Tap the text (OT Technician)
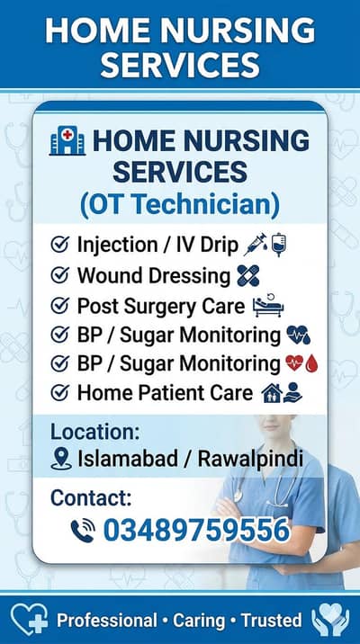point(180,203)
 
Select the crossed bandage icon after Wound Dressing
point(248,275)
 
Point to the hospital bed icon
point(268,306)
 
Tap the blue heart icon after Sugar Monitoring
point(298,335)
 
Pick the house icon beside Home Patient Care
point(269,393)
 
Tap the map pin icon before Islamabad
point(61,460)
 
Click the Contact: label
point(91,497)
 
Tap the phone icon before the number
point(83,531)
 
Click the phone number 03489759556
point(196,531)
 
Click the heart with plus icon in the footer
point(29,620)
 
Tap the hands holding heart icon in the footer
point(329,620)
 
